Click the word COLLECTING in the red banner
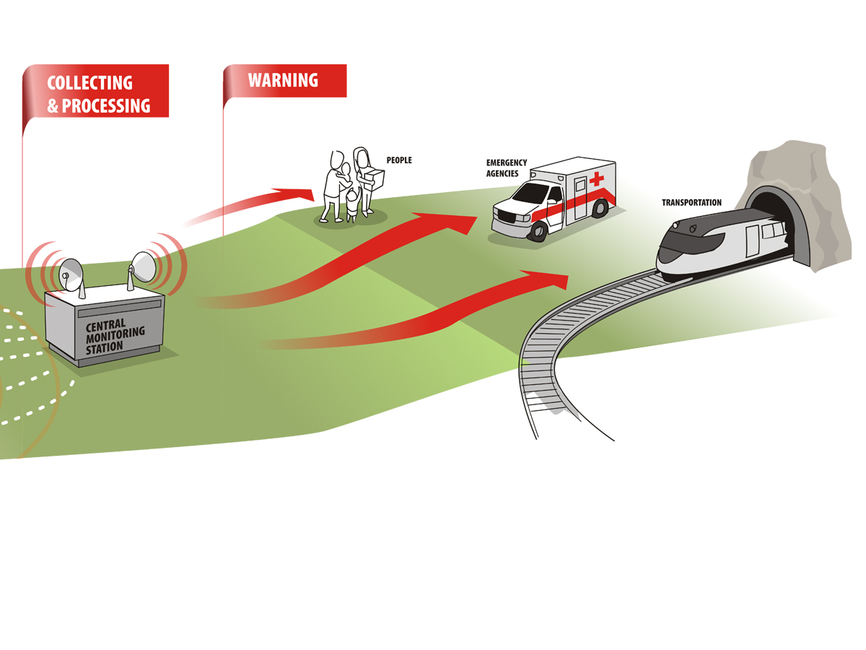coord(89,82)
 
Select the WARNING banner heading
coord(283,80)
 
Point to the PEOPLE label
coord(399,160)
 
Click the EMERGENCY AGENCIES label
coord(506,168)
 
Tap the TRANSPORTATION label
coord(691,203)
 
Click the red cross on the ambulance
coord(596,179)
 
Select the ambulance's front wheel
coord(538,230)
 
